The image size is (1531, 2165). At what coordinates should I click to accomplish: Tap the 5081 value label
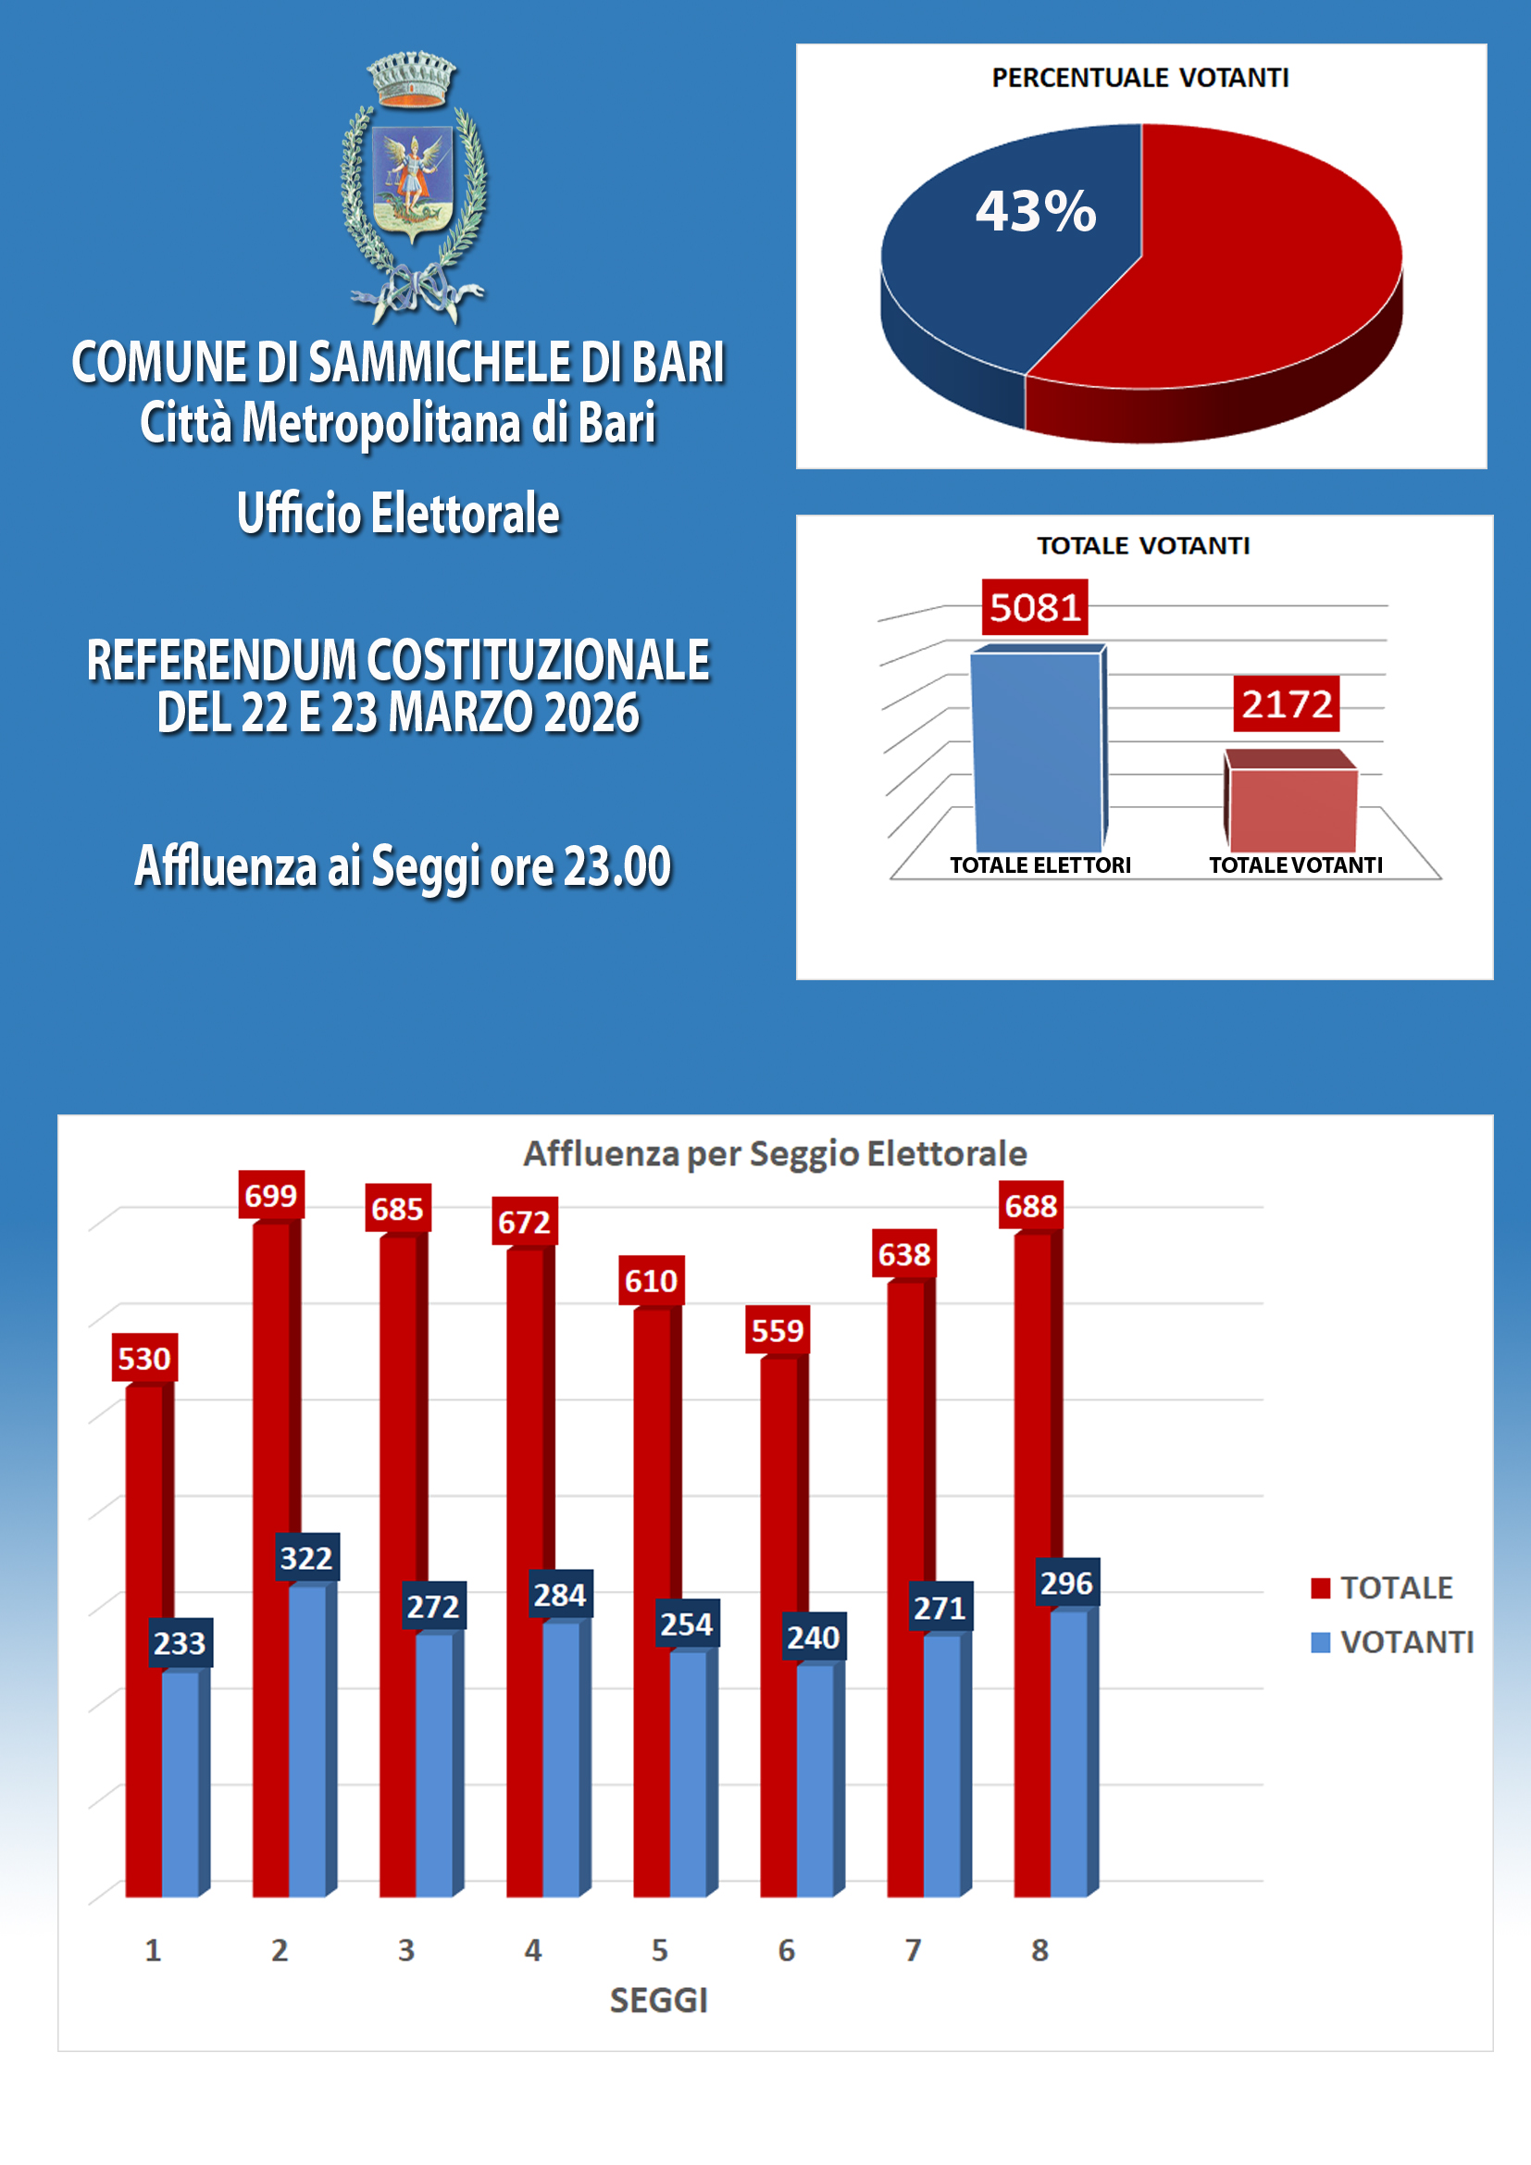click(x=1034, y=607)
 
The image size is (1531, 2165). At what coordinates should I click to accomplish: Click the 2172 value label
click(x=1286, y=703)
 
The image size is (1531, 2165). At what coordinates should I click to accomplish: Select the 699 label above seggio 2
click(x=270, y=1196)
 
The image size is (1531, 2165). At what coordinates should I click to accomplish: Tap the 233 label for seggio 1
click(x=180, y=1643)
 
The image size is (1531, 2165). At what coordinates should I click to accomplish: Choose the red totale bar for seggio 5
click(x=652, y=1603)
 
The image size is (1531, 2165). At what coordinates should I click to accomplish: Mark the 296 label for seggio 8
click(x=1066, y=1583)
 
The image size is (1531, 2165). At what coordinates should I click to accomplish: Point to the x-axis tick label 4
click(x=532, y=1949)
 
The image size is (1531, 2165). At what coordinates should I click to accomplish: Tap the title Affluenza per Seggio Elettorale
click(x=775, y=1153)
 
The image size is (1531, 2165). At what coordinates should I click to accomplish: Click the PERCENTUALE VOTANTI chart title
click(x=1139, y=78)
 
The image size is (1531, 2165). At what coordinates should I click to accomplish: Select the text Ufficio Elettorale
click(x=398, y=514)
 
